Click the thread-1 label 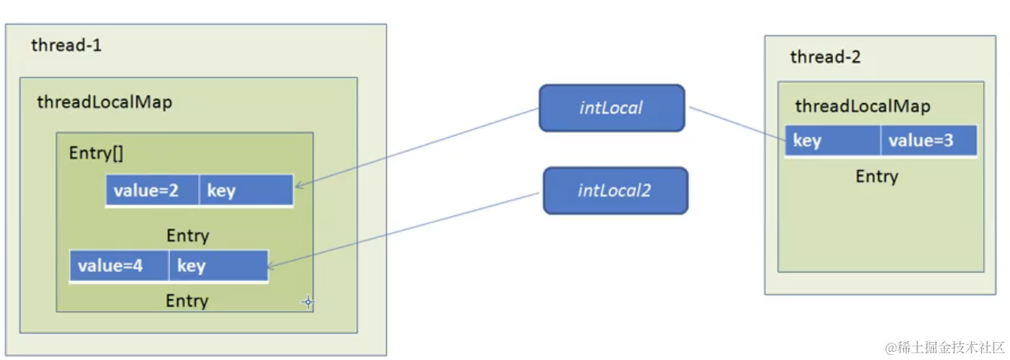tap(66, 45)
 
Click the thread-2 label tap(825, 56)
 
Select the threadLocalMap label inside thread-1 tap(105, 102)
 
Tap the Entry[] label tap(96, 153)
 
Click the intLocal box tap(611, 108)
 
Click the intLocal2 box tap(615, 191)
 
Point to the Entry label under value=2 tap(188, 236)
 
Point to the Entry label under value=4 tap(187, 301)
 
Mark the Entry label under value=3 tap(877, 177)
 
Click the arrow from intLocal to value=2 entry tap(418, 148)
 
